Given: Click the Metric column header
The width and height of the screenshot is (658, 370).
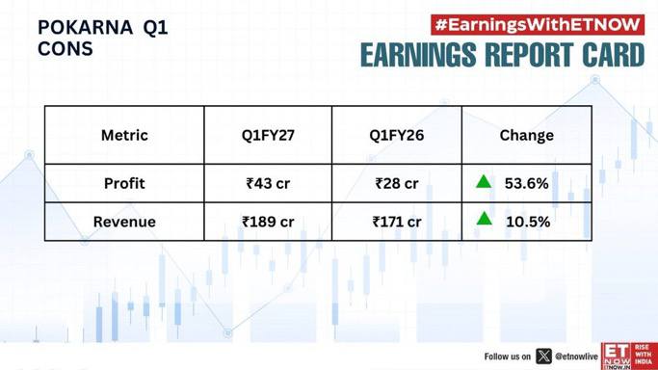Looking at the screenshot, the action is (124, 136).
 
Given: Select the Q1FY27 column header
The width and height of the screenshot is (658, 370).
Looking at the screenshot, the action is (268, 136).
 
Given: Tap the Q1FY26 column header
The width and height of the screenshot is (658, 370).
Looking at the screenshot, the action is (396, 136).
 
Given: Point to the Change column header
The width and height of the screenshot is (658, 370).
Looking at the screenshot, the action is (527, 136).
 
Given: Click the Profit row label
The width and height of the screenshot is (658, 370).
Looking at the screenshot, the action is (124, 183).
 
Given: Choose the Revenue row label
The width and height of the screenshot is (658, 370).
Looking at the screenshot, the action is (124, 222).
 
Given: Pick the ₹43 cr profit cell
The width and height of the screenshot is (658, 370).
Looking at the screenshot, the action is (268, 183).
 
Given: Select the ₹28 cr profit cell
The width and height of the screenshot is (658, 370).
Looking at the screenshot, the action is (397, 183).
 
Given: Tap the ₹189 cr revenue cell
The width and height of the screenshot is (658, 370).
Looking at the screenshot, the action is (268, 222).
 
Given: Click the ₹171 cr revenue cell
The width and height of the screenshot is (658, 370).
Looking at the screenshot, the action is (397, 222).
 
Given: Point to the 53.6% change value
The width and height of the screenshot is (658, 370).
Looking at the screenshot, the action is (526, 183).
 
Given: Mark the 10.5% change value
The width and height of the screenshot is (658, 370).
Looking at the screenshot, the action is (528, 222).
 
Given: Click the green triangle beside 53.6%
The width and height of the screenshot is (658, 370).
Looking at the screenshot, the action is (484, 182).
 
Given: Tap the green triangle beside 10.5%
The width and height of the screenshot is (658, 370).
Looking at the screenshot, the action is (485, 219).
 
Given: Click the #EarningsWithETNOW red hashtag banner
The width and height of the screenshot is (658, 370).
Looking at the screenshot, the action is (538, 25).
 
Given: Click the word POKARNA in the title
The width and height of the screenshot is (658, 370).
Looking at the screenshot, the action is (85, 28).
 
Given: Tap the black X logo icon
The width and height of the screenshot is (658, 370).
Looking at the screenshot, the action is (544, 357).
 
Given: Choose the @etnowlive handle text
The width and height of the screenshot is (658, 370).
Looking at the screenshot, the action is (576, 357).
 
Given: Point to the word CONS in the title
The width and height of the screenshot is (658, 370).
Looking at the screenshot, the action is (66, 49).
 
